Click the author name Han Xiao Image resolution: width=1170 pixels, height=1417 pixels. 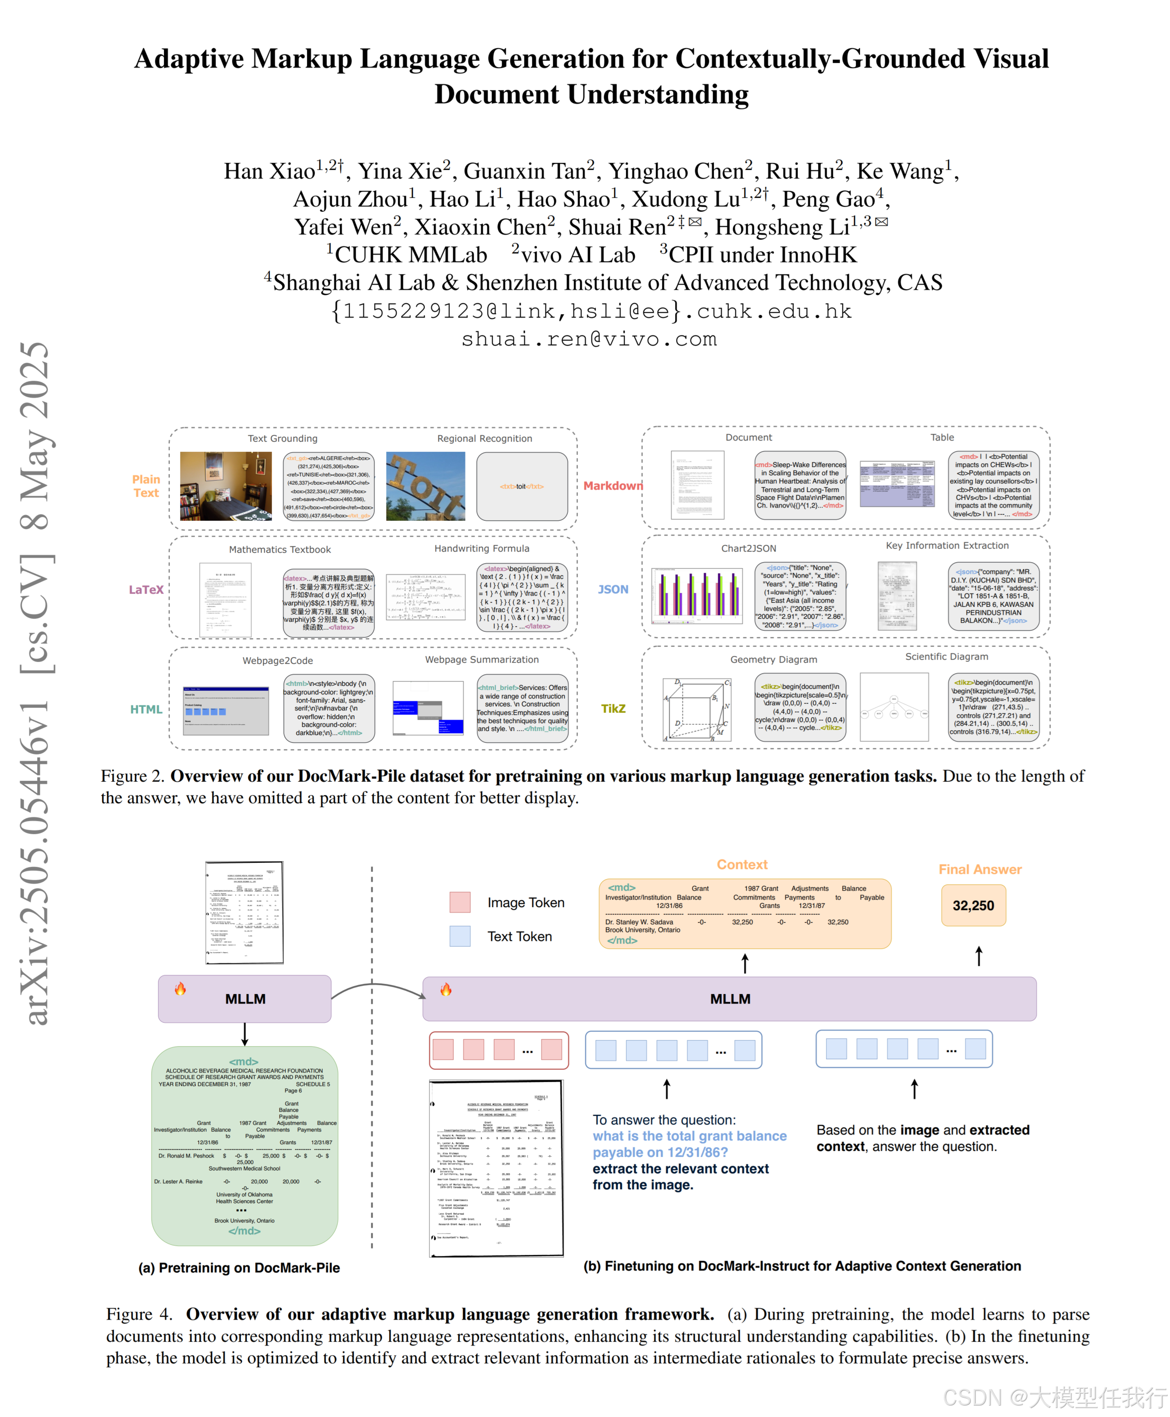click(x=270, y=171)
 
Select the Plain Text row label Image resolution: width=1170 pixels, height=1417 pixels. click(x=146, y=486)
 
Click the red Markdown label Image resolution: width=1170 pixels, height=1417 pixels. click(x=613, y=486)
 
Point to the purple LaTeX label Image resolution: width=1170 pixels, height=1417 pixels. click(x=146, y=590)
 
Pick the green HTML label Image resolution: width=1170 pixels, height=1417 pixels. click(x=146, y=710)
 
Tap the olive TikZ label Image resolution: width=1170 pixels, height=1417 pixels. click(x=613, y=709)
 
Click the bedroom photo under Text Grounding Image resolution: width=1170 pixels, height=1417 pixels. click(x=226, y=486)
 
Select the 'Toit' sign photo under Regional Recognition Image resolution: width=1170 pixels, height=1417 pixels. click(x=425, y=486)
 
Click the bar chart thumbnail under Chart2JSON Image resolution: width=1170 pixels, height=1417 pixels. click(x=697, y=596)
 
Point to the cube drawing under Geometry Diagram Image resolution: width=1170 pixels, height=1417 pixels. click(x=697, y=710)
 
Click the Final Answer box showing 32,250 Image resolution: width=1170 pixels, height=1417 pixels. click(x=973, y=906)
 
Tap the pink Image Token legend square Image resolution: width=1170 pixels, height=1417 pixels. click(x=461, y=903)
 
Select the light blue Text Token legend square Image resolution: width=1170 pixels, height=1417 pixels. click(x=461, y=936)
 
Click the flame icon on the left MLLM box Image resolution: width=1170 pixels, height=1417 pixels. click(x=180, y=989)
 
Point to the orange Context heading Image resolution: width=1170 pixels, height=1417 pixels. click(x=742, y=865)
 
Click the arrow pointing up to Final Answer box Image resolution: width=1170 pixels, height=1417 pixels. click(x=979, y=955)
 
